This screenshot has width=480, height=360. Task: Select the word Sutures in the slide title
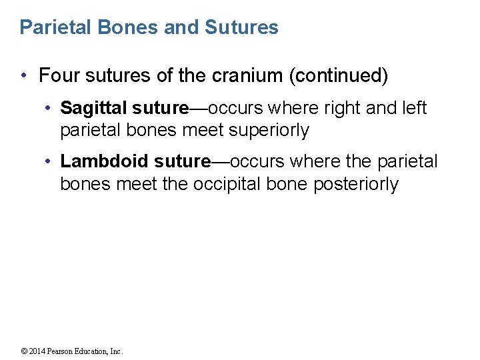[242, 27]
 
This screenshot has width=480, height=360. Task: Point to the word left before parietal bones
[413, 108]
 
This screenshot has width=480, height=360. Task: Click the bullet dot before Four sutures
[25, 76]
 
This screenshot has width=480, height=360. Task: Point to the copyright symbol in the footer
[24, 351]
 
